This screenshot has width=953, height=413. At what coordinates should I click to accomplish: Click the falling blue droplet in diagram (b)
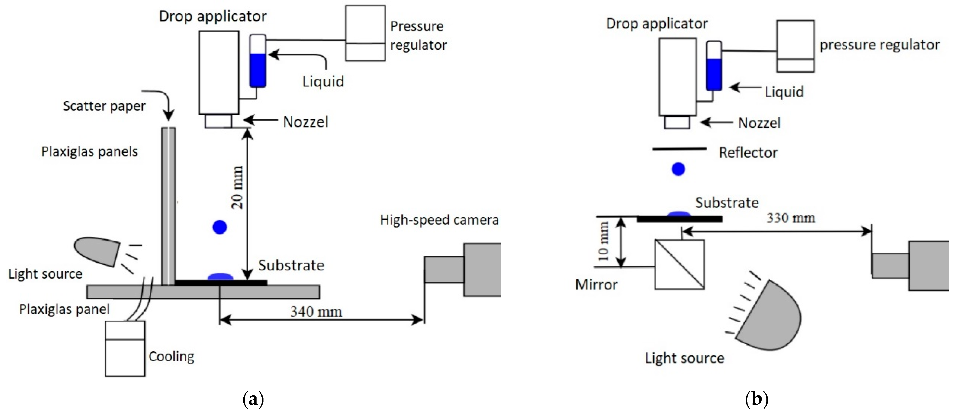pyautogui.click(x=678, y=169)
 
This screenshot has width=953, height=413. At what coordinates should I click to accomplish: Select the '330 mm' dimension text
pyautogui.click(x=791, y=218)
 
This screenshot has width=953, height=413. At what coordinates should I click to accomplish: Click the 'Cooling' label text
pyautogui.click(x=171, y=356)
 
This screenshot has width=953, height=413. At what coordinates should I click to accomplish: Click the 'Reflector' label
pyautogui.click(x=748, y=153)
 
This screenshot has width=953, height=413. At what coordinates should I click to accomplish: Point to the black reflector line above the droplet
pyautogui.click(x=679, y=149)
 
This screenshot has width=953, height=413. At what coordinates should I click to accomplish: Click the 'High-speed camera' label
pyautogui.click(x=439, y=220)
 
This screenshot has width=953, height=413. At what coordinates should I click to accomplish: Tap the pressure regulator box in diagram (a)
pyautogui.click(x=365, y=33)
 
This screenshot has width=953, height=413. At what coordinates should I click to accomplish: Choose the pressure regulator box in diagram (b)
pyautogui.click(x=795, y=46)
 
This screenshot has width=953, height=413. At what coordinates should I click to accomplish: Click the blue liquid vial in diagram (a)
pyautogui.click(x=257, y=70)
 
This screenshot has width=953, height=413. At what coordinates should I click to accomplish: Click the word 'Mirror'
pyautogui.click(x=596, y=285)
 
